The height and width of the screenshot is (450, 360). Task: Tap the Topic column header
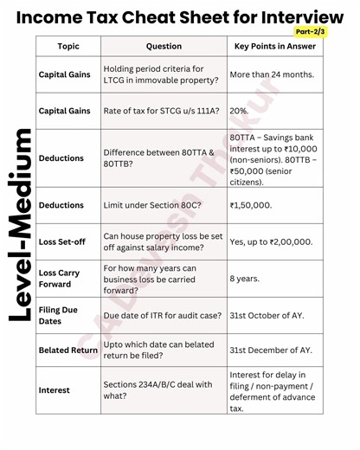click(68, 46)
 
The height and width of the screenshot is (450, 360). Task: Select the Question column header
click(164, 46)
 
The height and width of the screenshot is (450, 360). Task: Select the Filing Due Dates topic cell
click(59, 315)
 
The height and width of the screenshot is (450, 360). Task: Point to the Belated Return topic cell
click(68, 350)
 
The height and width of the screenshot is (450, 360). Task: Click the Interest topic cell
click(55, 390)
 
